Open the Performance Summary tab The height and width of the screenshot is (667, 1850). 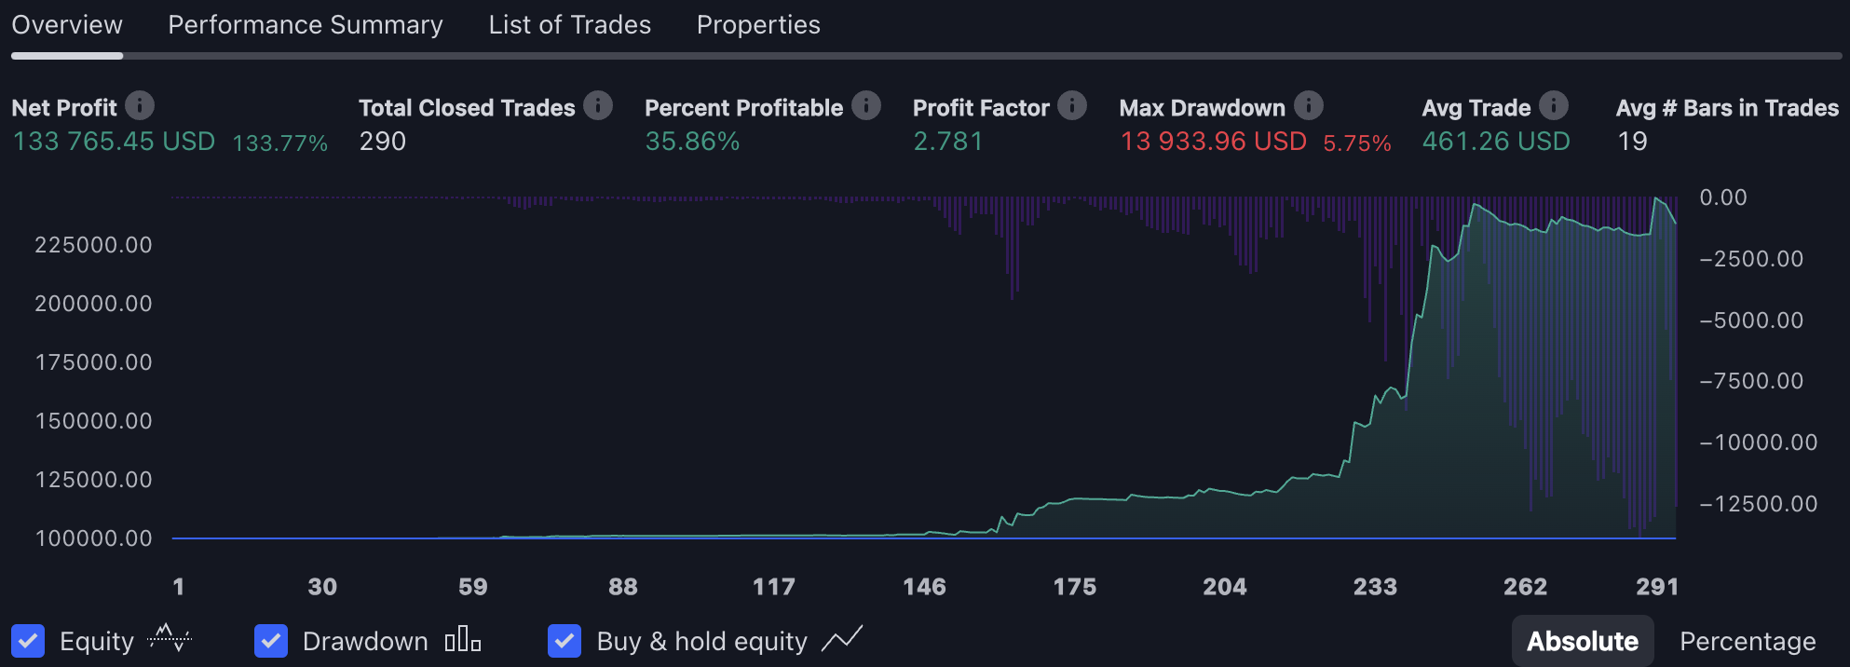pos(305,25)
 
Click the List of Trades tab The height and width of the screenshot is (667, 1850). pos(569,25)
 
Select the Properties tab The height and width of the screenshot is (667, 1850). pos(758,25)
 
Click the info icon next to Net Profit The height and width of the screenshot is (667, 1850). pos(140,106)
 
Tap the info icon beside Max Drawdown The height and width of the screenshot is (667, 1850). pos(1309,106)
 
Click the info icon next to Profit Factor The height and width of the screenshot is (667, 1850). pos(1072,106)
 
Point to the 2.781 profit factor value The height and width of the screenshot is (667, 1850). pos(947,142)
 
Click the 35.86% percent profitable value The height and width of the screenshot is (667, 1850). pos(692,142)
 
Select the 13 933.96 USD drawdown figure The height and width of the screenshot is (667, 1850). pos(1213,142)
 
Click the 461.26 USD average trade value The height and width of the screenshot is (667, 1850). pos(1495,142)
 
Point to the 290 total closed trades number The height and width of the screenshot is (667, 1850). pos(383,142)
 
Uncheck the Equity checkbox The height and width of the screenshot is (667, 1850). pos(28,641)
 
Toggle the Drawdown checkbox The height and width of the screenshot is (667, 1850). pos(271,641)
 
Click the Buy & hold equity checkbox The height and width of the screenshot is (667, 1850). pos(565,641)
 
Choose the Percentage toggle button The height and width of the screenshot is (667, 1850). pos(1748,641)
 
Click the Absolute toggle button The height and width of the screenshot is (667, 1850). pos(1582,641)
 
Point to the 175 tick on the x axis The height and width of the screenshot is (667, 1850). pos(1074,587)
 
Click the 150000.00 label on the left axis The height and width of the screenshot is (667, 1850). pos(93,421)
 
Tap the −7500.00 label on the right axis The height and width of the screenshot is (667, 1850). pos(1751,381)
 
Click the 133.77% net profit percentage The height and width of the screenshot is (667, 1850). pos(279,143)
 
